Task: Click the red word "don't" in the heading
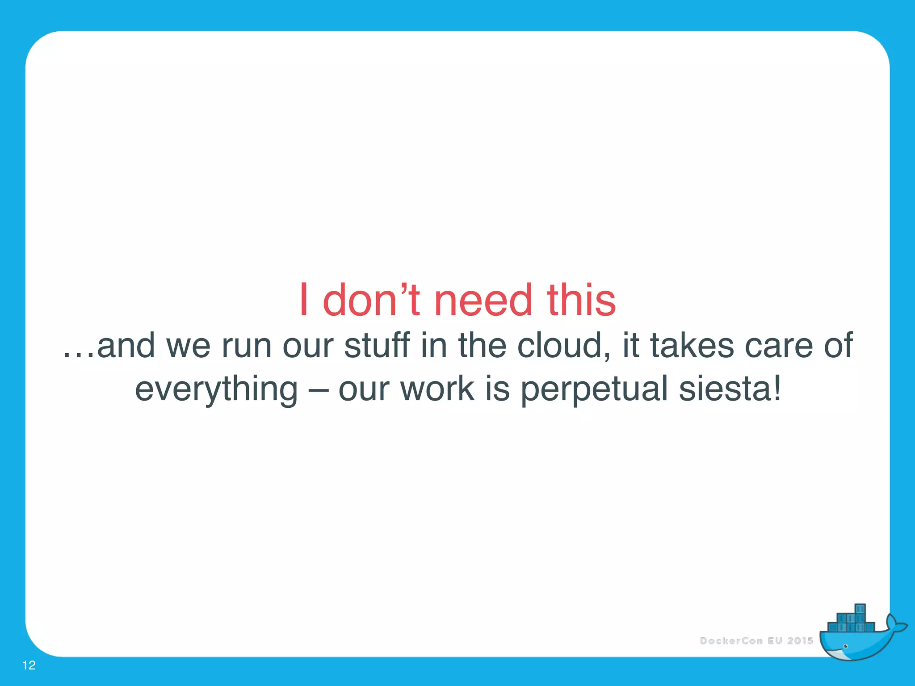pyautogui.click(x=371, y=300)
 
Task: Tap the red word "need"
pyautogui.click(x=483, y=300)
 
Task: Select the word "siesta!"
pyautogui.click(x=730, y=389)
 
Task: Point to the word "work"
pyautogui.click(x=437, y=389)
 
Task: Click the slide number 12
pyautogui.click(x=29, y=665)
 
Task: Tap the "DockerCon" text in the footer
pyautogui.click(x=731, y=641)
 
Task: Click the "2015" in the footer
pyautogui.click(x=800, y=641)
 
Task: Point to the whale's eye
pyautogui.click(x=845, y=646)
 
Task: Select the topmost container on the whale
pyautogui.click(x=860, y=610)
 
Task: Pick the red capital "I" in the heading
pyautogui.click(x=304, y=300)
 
